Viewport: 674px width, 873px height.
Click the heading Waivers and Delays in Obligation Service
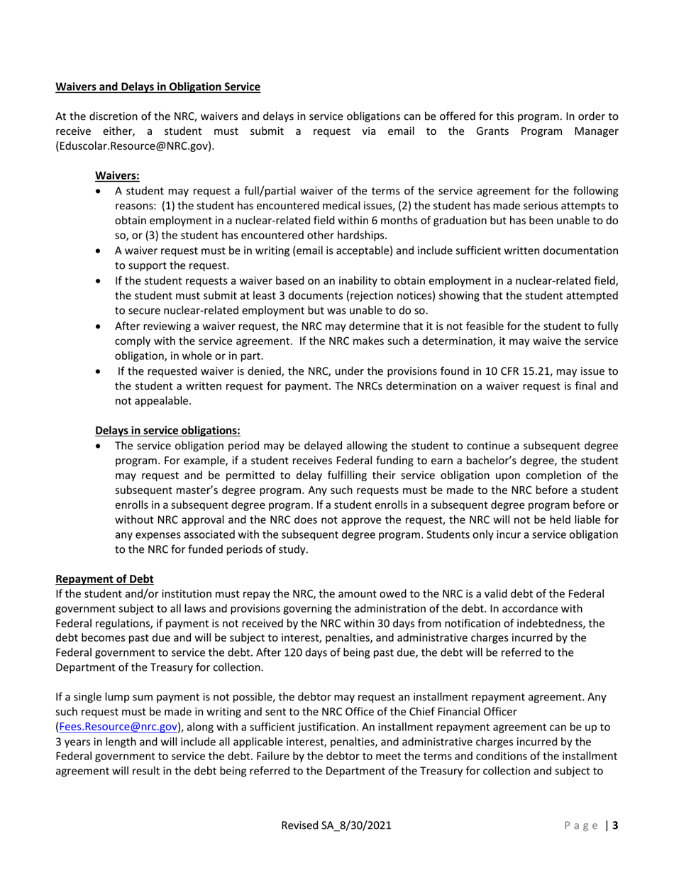coord(158,87)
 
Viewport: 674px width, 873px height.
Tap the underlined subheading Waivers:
coord(117,175)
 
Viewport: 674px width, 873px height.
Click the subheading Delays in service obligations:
coord(167,429)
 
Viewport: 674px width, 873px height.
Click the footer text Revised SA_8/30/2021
coord(336,825)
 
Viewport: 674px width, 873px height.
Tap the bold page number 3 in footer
coord(615,825)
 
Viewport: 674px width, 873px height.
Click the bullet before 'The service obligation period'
coord(100,446)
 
